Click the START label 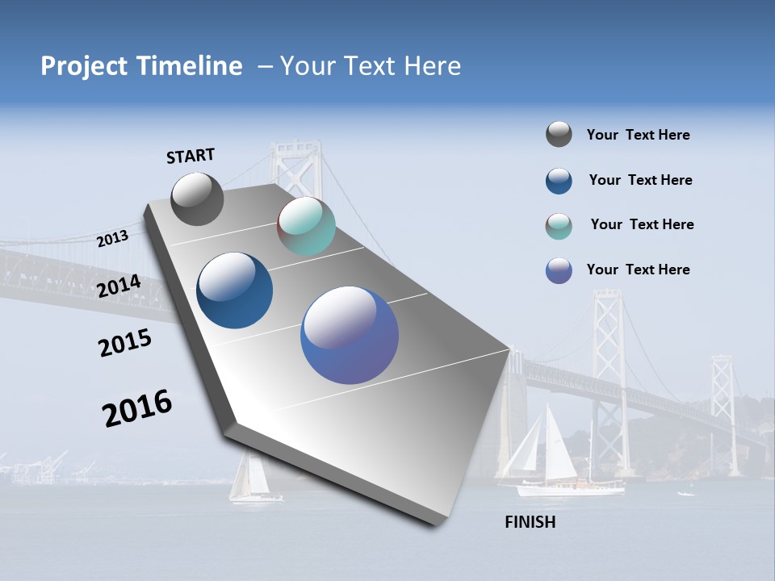pos(191,156)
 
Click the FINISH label pos(530,522)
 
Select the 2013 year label pos(113,238)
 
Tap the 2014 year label pos(119,286)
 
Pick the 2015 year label pos(125,343)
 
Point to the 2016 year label pos(137,408)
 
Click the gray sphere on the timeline pos(197,199)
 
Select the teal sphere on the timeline pos(306,227)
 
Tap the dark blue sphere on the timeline pos(235,290)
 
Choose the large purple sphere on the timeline pos(350,335)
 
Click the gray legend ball pos(559,134)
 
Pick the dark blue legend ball pos(559,181)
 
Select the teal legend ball pos(559,226)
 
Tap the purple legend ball pos(559,270)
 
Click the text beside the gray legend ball pos(638,136)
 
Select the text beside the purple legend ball pos(638,270)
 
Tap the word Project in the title pos(85,66)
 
